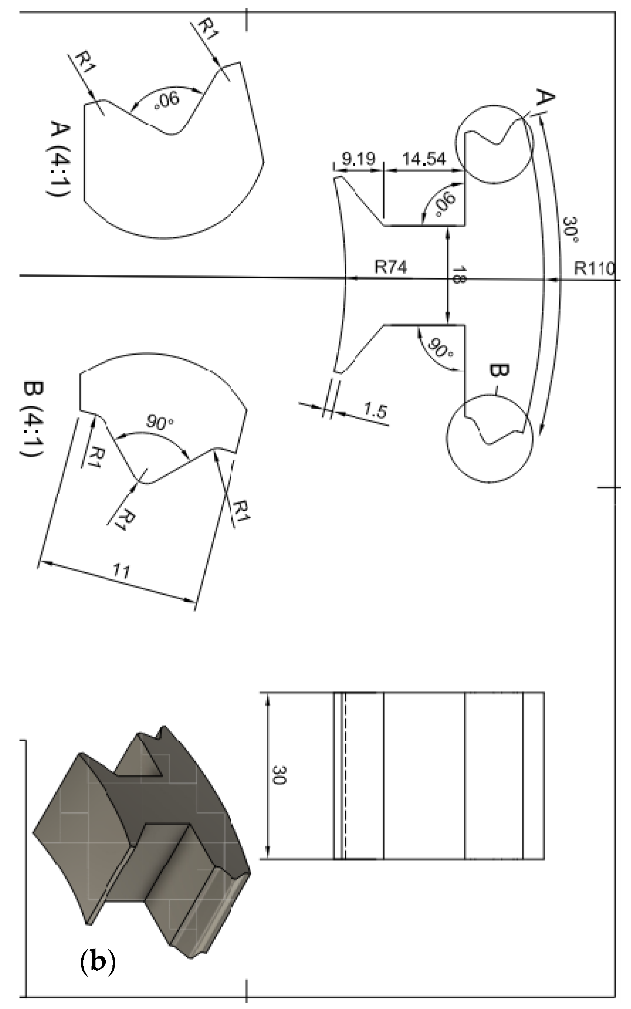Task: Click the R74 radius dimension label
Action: tap(391, 268)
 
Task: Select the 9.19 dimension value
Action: tap(359, 159)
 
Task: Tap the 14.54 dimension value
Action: tap(424, 159)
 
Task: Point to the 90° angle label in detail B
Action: tap(159, 423)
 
